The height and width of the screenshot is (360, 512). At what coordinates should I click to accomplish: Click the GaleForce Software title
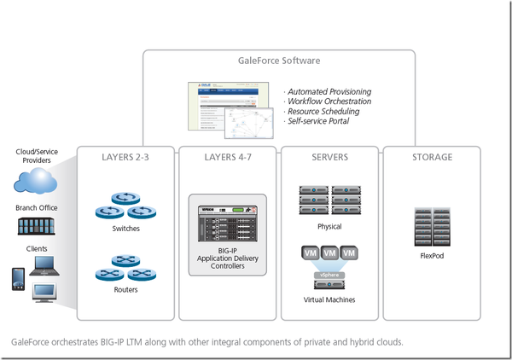(x=278, y=61)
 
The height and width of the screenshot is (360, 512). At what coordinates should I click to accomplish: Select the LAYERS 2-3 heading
(x=125, y=157)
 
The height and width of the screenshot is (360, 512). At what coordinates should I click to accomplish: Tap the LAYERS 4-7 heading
(x=227, y=157)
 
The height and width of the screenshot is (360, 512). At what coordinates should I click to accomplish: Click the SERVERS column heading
(x=329, y=157)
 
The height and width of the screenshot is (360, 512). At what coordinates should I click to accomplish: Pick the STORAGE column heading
(x=432, y=157)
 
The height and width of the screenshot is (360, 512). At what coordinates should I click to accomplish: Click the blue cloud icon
(x=36, y=180)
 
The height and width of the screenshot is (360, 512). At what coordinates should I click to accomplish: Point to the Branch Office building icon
(x=37, y=227)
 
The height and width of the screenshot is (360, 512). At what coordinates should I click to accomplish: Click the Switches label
(x=125, y=229)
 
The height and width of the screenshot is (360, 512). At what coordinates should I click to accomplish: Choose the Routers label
(x=125, y=290)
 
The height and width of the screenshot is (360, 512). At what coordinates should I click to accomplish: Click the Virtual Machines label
(x=329, y=300)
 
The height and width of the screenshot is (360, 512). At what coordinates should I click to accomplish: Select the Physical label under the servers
(x=329, y=227)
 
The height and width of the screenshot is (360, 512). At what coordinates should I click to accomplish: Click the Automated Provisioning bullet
(x=329, y=91)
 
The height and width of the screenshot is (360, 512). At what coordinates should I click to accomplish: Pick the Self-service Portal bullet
(x=319, y=121)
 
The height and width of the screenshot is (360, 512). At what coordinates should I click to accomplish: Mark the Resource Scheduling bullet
(x=323, y=111)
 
